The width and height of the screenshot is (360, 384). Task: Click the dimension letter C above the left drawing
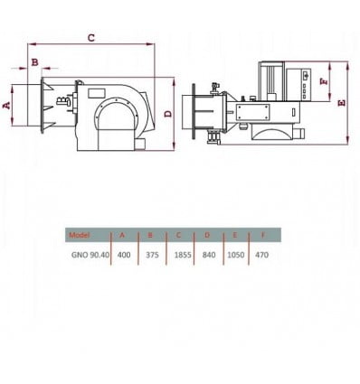coord(91,38)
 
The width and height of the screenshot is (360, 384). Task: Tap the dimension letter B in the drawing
coord(35,62)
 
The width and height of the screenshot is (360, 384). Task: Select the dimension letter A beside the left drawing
coord(6,105)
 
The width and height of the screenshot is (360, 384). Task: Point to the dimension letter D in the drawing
coord(168,114)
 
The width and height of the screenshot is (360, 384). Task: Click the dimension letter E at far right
coord(342,103)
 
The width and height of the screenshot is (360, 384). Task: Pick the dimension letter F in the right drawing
coord(324,81)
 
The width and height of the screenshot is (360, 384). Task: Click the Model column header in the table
coord(80,235)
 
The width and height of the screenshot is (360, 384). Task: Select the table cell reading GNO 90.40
coord(90,255)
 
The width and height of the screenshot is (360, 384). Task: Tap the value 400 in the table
coord(124,255)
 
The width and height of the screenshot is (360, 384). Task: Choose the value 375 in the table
coord(152,255)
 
